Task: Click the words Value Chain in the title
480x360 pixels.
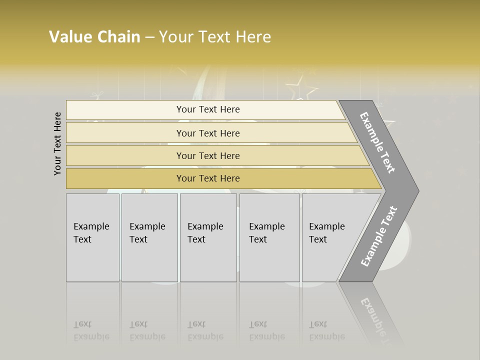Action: coord(94,37)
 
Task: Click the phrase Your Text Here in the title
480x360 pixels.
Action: coord(215,37)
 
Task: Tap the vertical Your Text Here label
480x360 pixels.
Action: coord(57,143)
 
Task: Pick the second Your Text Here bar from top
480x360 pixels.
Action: coord(207,133)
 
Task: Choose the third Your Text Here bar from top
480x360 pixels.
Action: coord(207,155)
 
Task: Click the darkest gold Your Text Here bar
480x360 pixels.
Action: coord(207,178)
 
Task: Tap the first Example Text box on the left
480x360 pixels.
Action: coord(92,237)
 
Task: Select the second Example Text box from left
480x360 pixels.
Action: coord(149,237)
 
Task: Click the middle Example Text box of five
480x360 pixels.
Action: coord(208,237)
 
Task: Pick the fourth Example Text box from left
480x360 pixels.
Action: coord(269,237)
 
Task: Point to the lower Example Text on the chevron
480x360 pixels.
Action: coord(379,236)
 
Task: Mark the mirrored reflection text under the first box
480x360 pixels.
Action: coord(91,330)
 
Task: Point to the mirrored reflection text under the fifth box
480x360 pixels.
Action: coord(326,330)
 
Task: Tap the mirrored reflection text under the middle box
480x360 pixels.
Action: coord(205,330)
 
